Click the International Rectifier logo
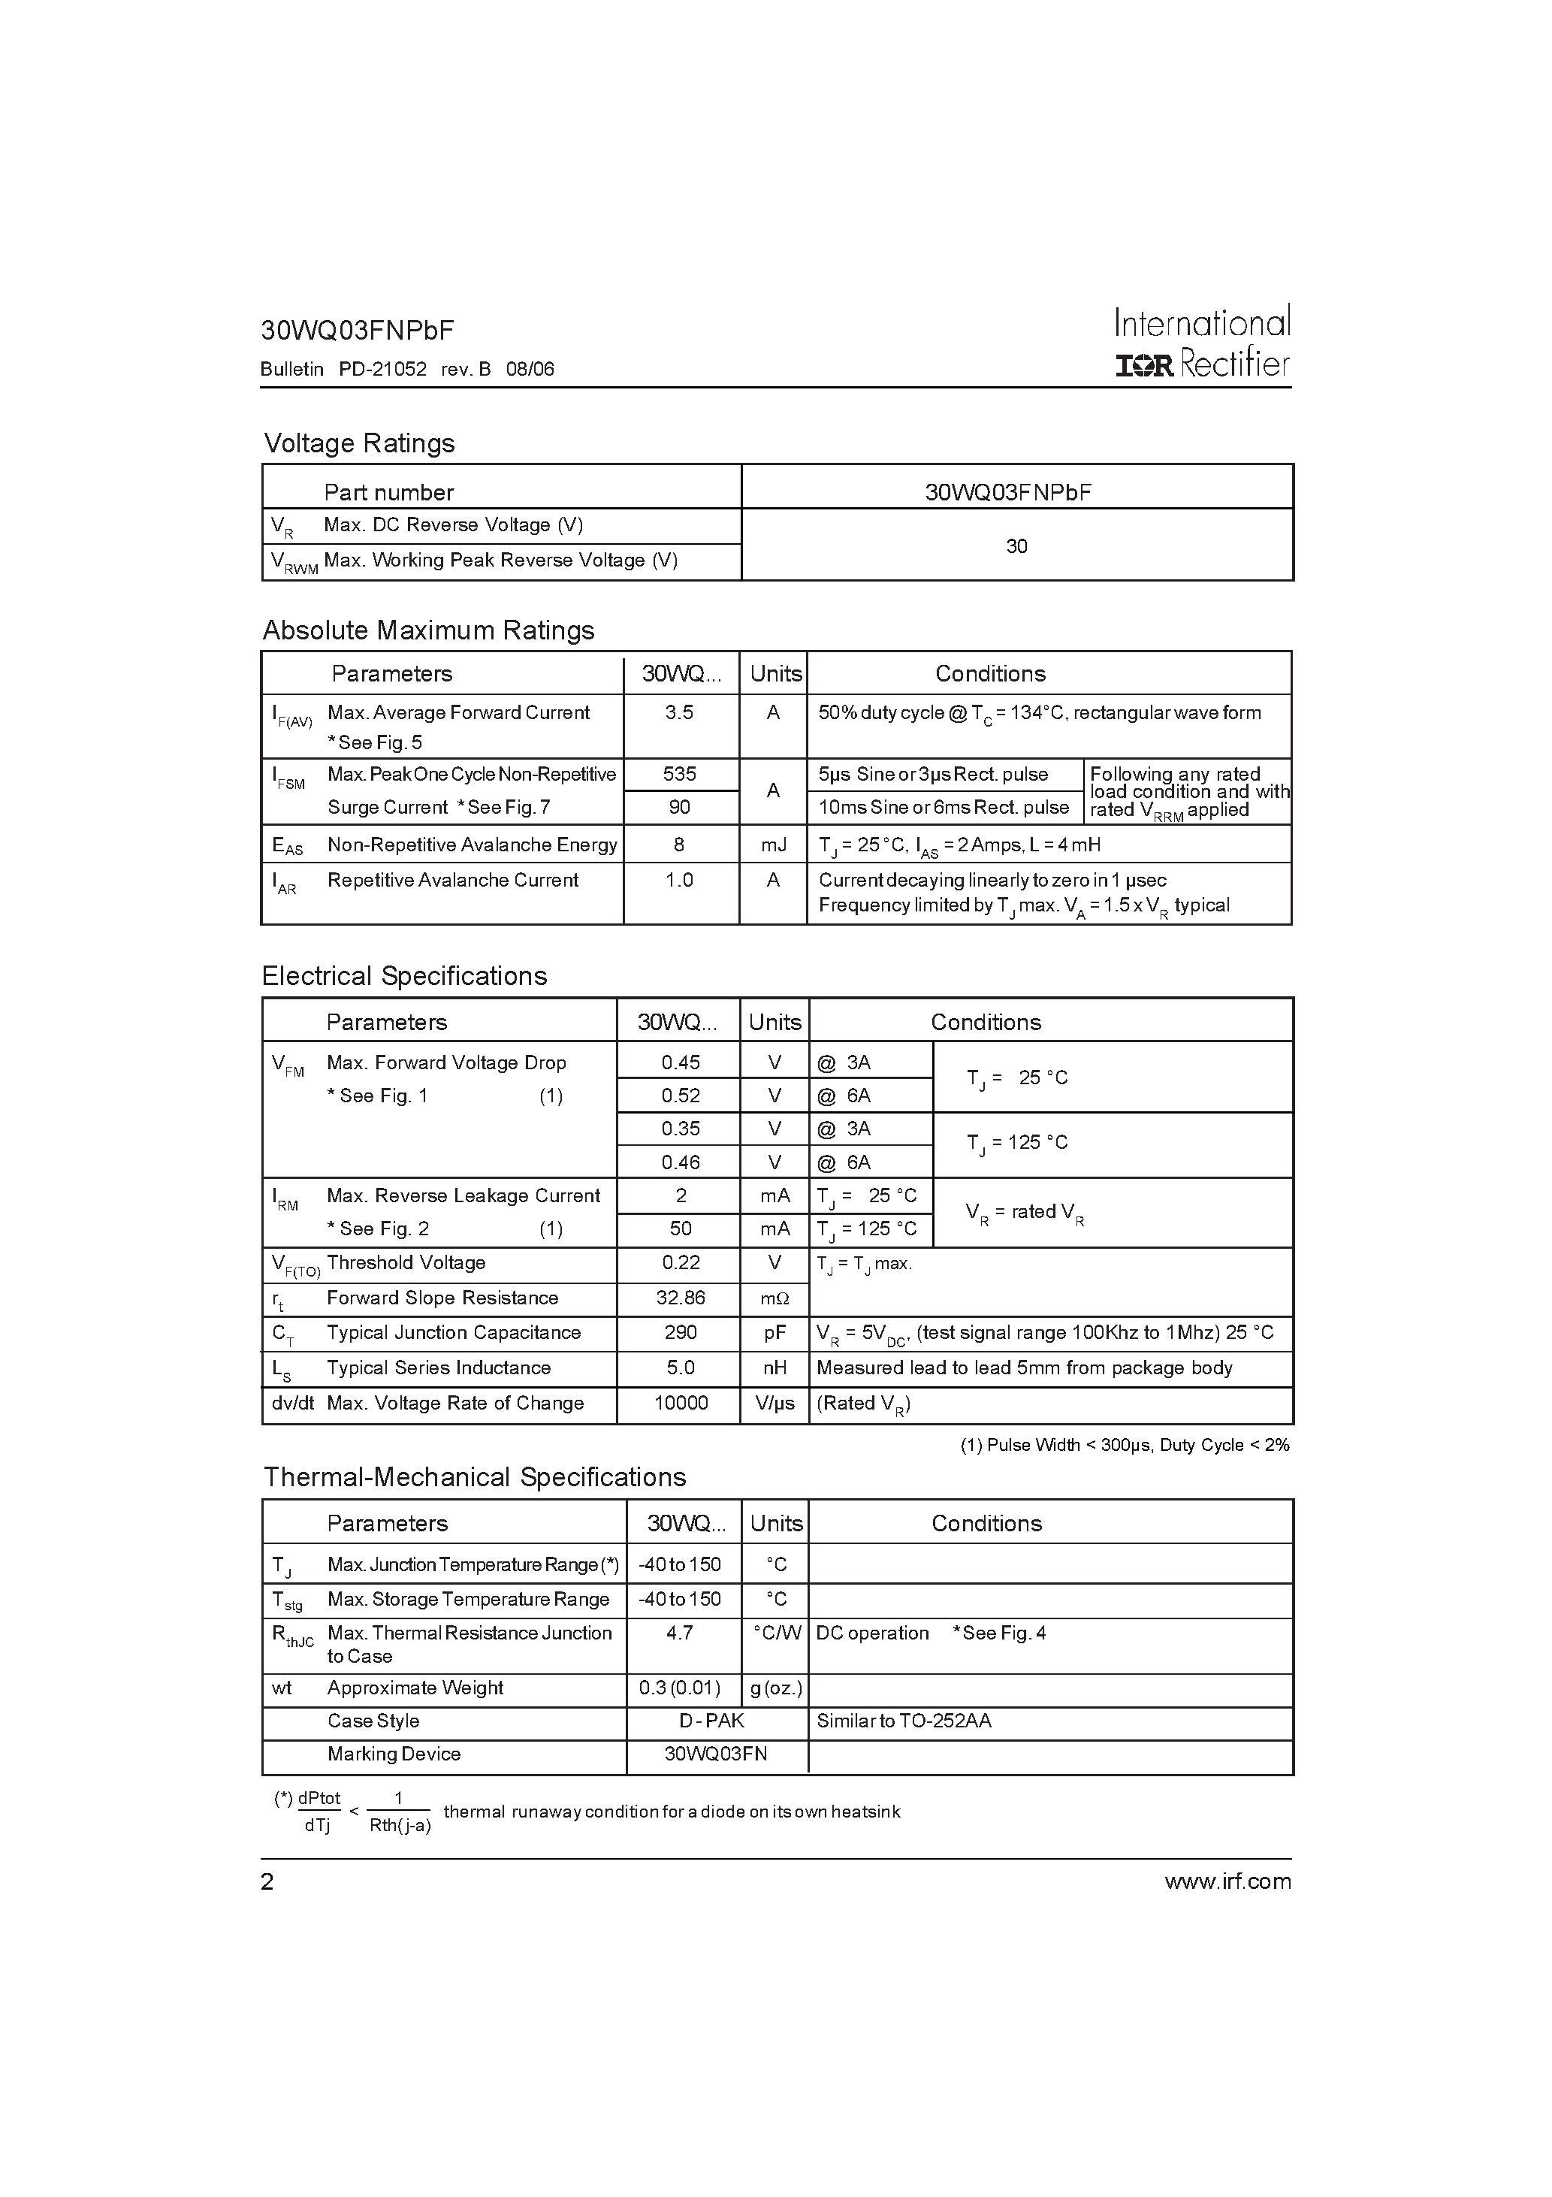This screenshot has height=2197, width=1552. click(x=1202, y=343)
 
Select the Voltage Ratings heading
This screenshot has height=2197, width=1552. click(x=359, y=443)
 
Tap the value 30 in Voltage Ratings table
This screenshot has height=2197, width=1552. click(x=1016, y=545)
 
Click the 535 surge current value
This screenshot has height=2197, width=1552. click(x=679, y=774)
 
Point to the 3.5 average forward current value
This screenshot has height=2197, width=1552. click(x=679, y=713)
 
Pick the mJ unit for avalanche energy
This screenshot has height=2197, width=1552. click(x=773, y=845)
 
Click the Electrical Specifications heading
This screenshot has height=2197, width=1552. click(x=404, y=976)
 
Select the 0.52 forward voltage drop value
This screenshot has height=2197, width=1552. click(x=681, y=1095)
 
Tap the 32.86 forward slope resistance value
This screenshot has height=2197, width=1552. click(x=681, y=1298)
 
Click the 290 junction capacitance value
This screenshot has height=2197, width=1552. click(x=681, y=1333)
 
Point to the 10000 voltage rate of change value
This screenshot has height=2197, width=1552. click(x=681, y=1404)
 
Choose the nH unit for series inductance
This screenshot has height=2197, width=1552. click(x=774, y=1368)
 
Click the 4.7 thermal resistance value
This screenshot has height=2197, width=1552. click(x=679, y=1633)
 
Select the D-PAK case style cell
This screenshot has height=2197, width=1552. click(x=712, y=1721)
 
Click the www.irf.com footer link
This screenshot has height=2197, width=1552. click(x=1227, y=1882)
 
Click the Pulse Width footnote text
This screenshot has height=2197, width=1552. click(x=1125, y=1445)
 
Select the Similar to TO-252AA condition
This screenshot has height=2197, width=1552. click(x=903, y=1721)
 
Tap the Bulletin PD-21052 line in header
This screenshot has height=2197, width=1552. click(x=406, y=370)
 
